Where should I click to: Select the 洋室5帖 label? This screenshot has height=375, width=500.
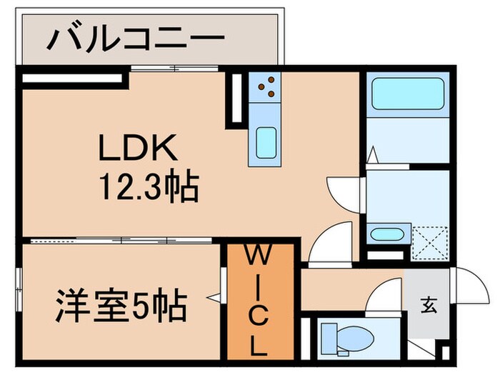pos(121,307)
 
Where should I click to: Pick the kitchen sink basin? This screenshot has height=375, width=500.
pos(266,142)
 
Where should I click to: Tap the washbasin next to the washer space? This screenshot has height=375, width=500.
pos(388,234)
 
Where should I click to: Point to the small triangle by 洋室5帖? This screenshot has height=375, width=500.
pos(212,294)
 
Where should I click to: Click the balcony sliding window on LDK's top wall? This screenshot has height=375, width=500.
pos(176,69)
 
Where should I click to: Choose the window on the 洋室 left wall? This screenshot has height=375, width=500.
pos(20,282)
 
